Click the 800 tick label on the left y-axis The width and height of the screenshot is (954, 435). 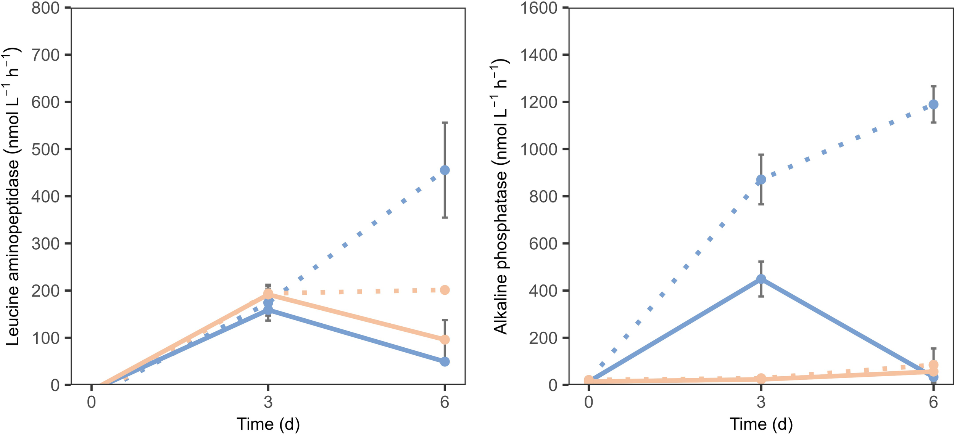[45, 8]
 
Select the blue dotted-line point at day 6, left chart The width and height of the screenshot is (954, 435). [445, 170]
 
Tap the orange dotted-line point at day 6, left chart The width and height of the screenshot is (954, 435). [445, 290]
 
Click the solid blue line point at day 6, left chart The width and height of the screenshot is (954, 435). [445, 361]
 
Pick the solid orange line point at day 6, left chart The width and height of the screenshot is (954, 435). [445, 339]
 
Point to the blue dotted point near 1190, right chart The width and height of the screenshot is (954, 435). [933, 104]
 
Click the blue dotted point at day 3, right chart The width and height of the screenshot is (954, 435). [761, 180]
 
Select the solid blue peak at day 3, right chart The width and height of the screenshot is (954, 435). [761, 279]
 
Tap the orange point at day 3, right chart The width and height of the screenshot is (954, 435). [761, 378]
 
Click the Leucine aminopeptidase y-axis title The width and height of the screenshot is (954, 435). [12, 197]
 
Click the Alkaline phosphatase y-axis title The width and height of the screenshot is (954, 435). [500, 197]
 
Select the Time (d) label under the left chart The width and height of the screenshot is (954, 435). [268, 424]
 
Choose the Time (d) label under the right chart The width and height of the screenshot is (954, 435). [761, 424]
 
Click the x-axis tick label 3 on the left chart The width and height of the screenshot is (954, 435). [268, 402]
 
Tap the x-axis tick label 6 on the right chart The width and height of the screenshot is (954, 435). [933, 402]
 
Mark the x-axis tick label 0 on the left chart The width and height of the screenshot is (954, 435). [91, 402]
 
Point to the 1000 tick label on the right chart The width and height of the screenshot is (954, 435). [539, 149]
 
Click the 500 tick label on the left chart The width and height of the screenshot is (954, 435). [45, 149]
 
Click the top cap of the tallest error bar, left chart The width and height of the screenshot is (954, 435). [445, 123]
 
